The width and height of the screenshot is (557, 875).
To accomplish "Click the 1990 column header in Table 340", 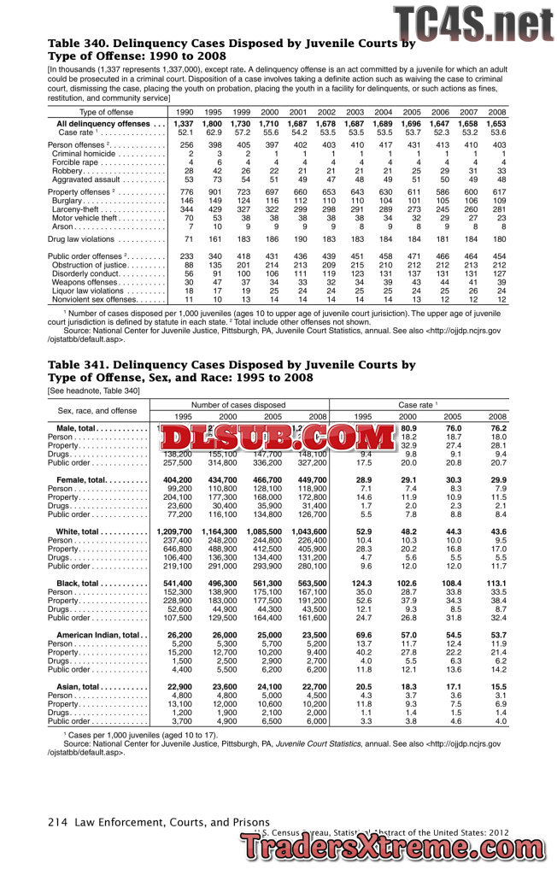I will pos(185,112).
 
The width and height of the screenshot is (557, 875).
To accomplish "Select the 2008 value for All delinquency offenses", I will pos(496,124).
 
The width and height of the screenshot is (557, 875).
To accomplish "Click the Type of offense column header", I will pos(106,112).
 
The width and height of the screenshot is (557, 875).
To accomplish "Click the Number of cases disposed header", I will pos(238,404).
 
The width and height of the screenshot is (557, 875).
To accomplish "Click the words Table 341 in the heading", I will pos(79,365).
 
